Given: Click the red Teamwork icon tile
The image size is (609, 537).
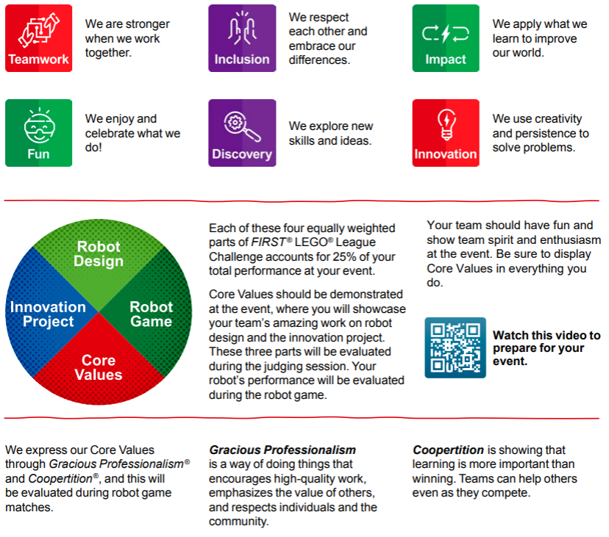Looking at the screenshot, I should coord(39,38).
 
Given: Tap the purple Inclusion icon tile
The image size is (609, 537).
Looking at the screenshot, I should coord(242,38).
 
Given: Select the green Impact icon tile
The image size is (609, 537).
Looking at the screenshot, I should coord(446,38).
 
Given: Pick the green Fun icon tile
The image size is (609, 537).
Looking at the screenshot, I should coord(39,133).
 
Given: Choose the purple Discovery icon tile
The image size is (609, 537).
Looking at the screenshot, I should coord(242,133).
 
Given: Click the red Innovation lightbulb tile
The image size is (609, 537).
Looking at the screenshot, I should coord(446,133).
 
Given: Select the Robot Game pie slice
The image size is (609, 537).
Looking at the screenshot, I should coord(151,314).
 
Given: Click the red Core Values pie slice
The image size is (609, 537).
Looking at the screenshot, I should coord(99,367).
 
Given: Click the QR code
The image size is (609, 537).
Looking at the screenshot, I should coord(455,347).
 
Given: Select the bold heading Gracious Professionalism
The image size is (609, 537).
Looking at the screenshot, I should coord(282,450).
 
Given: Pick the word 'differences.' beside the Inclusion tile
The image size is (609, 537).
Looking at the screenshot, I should coord(319,60).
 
